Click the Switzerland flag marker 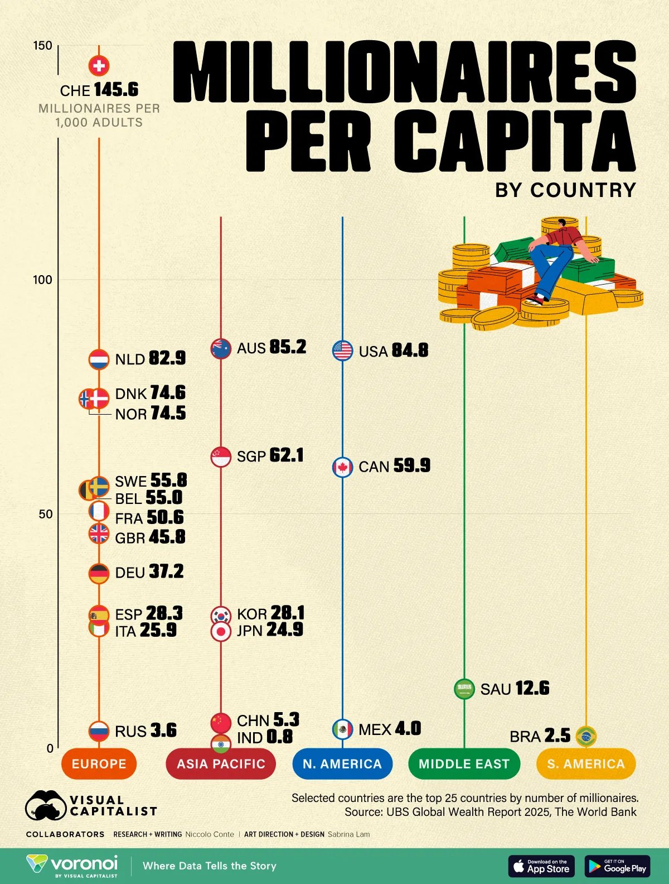click(x=99, y=66)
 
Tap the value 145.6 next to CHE click(x=116, y=90)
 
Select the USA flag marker click(x=342, y=350)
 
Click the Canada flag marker click(x=342, y=467)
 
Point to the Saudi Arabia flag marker click(x=464, y=689)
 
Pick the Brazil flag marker click(x=585, y=736)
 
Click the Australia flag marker click(x=221, y=348)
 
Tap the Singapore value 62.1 click(x=287, y=455)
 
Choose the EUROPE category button click(x=99, y=763)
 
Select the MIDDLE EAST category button click(x=464, y=763)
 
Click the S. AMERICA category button click(x=585, y=763)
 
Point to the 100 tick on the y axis click(x=42, y=280)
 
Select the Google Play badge click(x=617, y=866)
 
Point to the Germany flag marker click(x=99, y=573)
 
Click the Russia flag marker click(x=99, y=731)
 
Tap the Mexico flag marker click(x=342, y=729)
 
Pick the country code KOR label click(x=252, y=614)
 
